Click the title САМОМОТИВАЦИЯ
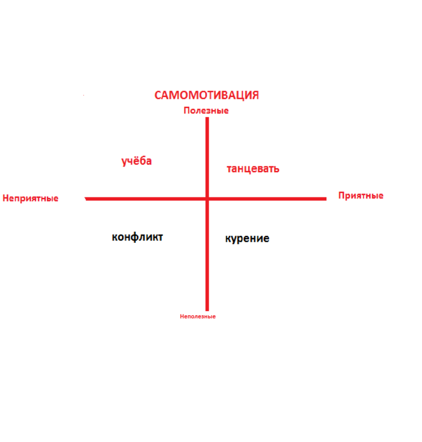click(206, 95)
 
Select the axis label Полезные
click(206, 110)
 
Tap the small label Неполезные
click(198, 316)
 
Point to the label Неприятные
click(30, 199)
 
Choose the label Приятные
click(361, 196)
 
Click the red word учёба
click(136, 161)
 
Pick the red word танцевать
click(253, 169)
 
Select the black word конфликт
click(138, 236)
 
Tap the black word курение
click(247, 238)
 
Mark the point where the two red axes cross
click(208, 199)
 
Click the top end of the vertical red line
click(208, 118)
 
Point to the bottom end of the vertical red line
click(208, 309)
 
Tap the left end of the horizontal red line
click(86, 199)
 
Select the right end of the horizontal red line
click(326, 199)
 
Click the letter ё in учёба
click(136, 161)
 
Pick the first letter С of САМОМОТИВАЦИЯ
click(159, 95)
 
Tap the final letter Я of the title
click(255, 95)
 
